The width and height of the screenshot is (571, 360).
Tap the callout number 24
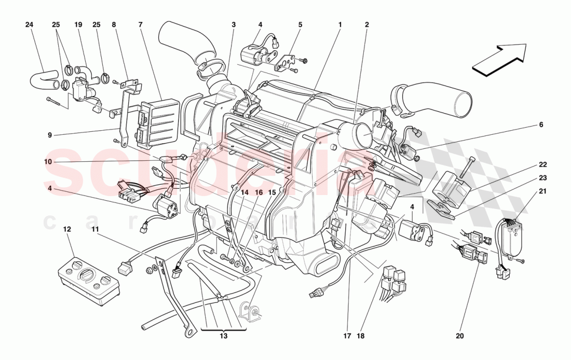pos(30,24)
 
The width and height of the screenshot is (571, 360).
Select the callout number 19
pos(78,24)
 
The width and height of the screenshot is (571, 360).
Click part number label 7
pos(140,24)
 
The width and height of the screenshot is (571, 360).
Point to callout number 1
pos(340,24)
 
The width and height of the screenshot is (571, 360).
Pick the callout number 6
pos(526,125)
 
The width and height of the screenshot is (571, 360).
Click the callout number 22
pos(528,165)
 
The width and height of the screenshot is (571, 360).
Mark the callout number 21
pos(528,191)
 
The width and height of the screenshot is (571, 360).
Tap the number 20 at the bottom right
pos(459,336)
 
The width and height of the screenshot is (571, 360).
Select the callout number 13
pos(224,336)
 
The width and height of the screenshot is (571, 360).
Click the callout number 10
pos(48,162)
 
